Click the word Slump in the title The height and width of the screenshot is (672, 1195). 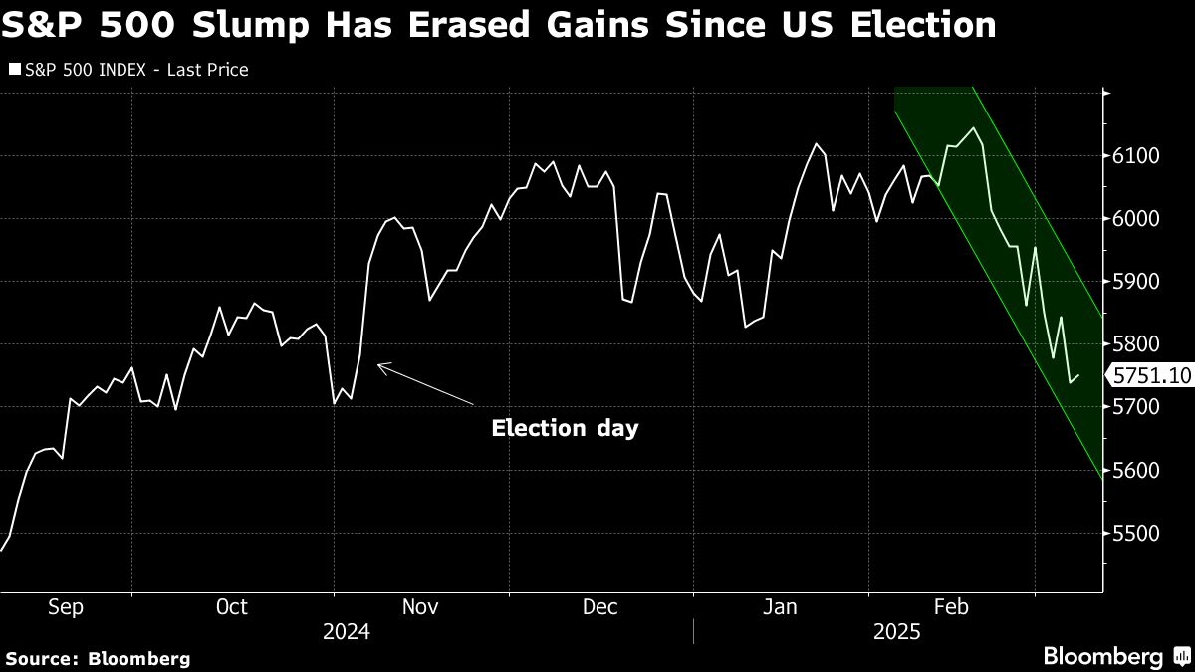click(250, 25)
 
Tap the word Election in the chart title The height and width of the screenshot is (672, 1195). click(923, 25)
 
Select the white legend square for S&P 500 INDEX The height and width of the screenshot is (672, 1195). click(15, 70)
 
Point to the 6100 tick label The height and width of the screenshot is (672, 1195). click(1136, 156)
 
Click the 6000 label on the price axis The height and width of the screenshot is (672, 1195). click(1136, 219)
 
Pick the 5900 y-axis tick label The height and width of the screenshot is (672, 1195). click(1136, 282)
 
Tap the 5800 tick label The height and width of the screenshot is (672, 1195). click(1136, 344)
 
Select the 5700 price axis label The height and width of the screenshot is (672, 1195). click(1136, 407)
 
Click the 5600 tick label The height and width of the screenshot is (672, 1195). click(1136, 470)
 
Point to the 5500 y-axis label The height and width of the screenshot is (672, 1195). click(1136, 533)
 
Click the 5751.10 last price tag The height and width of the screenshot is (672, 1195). click(1151, 375)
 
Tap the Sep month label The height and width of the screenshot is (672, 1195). click(66, 608)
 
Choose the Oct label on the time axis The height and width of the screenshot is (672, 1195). click(231, 607)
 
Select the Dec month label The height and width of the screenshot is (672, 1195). click(600, 607)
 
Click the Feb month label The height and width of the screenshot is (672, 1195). click(951, 607)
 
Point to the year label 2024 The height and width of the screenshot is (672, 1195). click(347, 632)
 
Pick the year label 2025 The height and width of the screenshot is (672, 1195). click(897, 632)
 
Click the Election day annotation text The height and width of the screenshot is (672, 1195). click(565, 428)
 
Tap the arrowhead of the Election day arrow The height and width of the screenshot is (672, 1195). click(378, 365)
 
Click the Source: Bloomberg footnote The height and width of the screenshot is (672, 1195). click(99, 659)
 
